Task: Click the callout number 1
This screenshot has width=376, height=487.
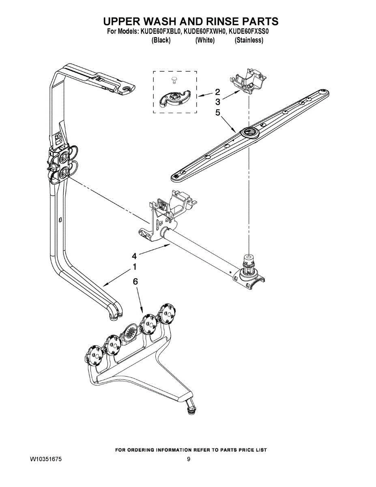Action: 134,267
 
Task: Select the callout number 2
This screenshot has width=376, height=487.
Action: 217,92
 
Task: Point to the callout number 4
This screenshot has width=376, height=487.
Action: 134,256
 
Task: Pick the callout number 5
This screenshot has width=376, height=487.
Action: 217,112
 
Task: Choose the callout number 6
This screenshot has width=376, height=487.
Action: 136,281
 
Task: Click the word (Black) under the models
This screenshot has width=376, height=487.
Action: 161,40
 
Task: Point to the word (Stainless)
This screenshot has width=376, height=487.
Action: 249,40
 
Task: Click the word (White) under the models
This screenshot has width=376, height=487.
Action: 205,40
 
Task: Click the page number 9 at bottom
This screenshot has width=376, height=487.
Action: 189,459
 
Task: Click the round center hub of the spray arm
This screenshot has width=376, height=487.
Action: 248,132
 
